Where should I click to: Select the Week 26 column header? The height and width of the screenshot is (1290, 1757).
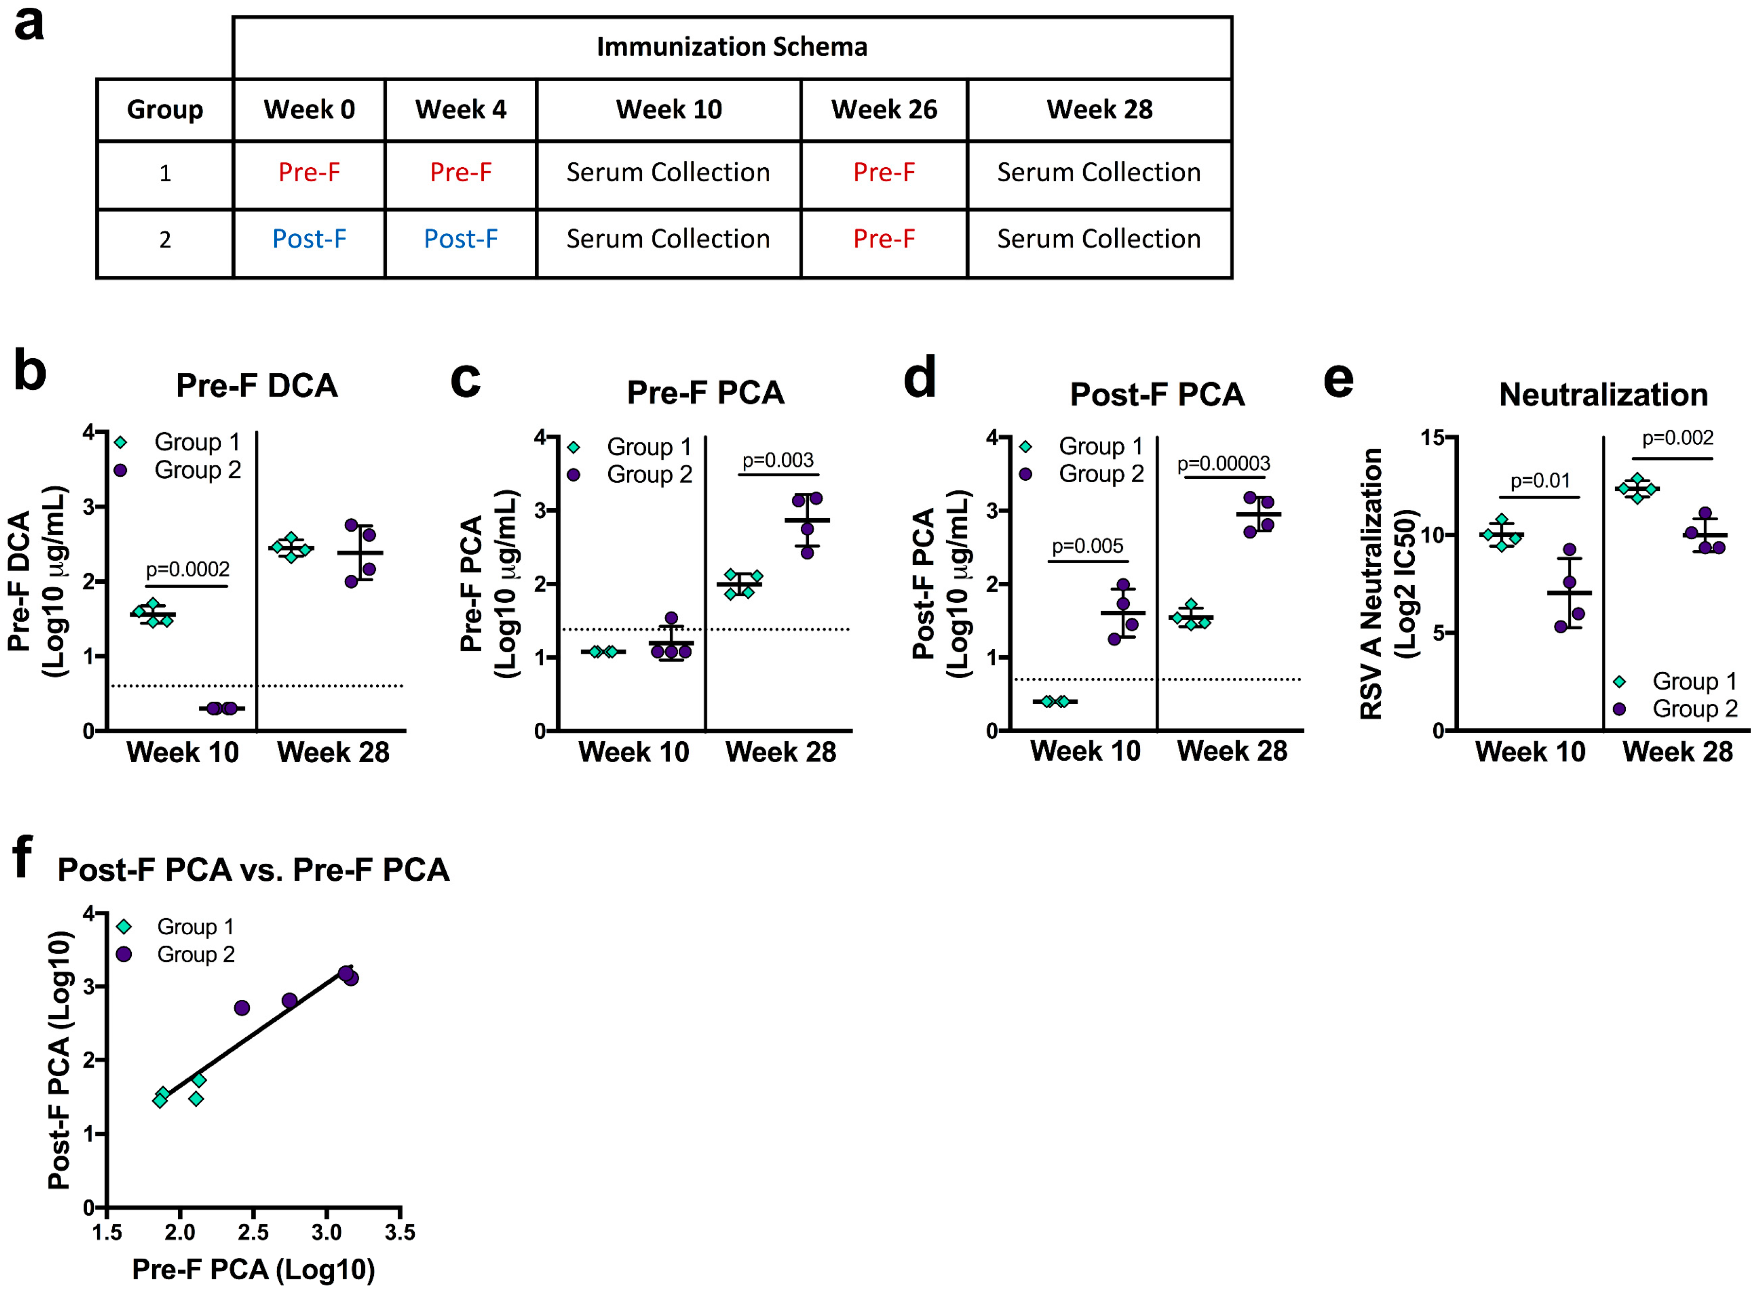click(x=883, y=109)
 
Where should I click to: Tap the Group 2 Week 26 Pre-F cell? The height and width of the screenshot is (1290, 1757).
click(x=883, y=239)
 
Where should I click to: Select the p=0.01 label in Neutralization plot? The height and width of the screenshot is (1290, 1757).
click(x=1539, y=481)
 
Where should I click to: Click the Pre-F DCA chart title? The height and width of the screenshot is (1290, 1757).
click(x=256, y=386)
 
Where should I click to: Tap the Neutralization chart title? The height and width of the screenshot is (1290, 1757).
click(x=1603, y=395)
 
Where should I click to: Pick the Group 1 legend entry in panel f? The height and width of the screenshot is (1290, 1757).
click(x=195, y=927)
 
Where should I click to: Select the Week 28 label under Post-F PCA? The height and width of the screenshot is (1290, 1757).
click(x=1231, y=751)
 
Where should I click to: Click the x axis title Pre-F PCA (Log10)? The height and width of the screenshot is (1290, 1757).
click(x=253, y=1270)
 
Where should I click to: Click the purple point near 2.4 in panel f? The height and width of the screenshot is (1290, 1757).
click(x=242, y=1008)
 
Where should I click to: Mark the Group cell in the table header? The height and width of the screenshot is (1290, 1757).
click(x=165, y=109)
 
